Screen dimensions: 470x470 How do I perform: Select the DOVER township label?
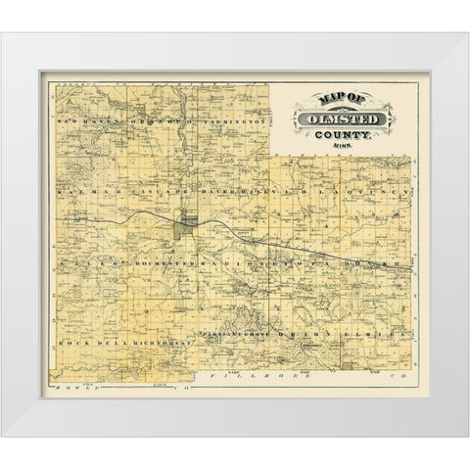[x=370, y=265]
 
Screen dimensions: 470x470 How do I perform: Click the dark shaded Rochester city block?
[x=183, y=227]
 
